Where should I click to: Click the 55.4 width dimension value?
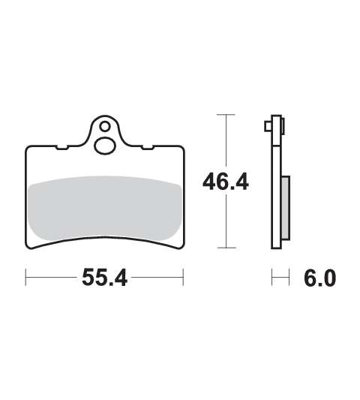[x=104, y=278]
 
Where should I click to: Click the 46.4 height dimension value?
[x=226, y=182]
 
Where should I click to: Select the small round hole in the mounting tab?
[x=105, y=127]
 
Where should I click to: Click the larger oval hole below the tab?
[x=105, y=146]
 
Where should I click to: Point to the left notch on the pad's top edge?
[x=62, y=147]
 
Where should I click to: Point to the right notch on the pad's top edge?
[x=148, y=147]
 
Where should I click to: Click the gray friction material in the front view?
[x=105, y=208]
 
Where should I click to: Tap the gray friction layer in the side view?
[x=286, y=208]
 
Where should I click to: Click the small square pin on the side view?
[x=268, y=126]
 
